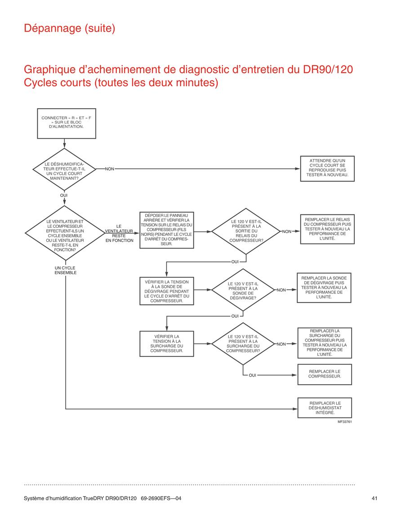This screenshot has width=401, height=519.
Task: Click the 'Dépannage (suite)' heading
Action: point(70,28)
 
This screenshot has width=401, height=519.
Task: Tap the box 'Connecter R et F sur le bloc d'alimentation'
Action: point(67,124)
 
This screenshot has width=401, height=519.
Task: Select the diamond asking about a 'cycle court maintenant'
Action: point(64,169)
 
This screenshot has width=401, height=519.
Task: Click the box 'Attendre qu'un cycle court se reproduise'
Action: point(327,169)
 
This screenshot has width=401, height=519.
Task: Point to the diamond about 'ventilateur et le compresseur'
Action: point(65,233)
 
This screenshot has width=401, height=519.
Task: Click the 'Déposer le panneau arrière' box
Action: point(167,230)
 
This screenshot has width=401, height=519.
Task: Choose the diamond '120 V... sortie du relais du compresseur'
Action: point(246,231)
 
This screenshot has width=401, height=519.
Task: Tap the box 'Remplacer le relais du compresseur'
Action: point(327,229)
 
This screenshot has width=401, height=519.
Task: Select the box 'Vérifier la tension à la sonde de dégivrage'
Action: point(167,291)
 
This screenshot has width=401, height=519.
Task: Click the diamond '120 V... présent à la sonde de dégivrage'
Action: point(243,290)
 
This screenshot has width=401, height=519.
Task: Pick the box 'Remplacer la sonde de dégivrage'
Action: point(324,288)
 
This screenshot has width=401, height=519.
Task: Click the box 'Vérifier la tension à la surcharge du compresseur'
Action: point(167,344)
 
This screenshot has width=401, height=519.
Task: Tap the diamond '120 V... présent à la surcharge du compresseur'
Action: point(243,344)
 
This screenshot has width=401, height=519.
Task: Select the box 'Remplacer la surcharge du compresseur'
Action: point(325,343)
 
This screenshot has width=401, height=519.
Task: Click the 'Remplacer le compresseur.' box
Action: point(325,374)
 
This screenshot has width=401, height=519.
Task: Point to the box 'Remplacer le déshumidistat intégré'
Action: point(325,408)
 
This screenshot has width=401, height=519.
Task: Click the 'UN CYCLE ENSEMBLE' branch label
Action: point(65,271)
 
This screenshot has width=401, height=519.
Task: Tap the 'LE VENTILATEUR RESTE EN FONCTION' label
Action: point(119,233)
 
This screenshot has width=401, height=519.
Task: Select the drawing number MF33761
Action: point(345,421)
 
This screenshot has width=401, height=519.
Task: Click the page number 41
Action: point(374,498)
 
